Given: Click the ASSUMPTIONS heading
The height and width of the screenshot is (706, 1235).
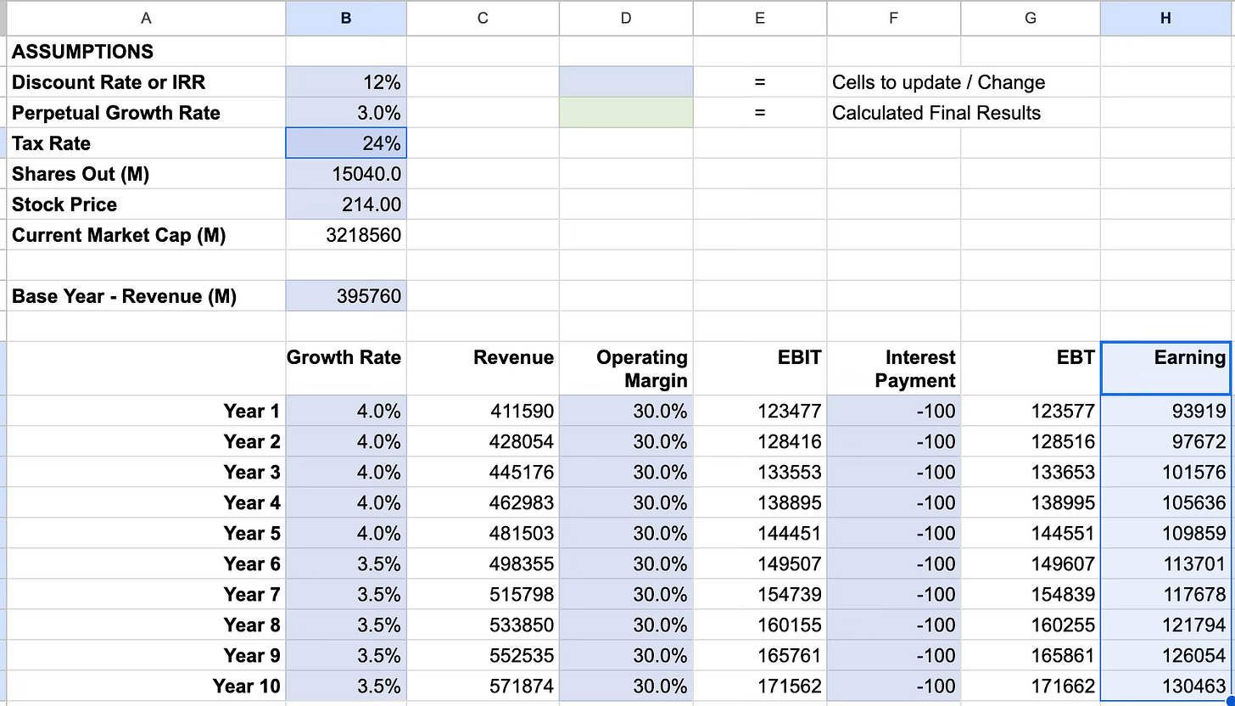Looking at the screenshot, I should [x=82, y=52].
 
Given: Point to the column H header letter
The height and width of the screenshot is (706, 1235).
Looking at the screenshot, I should [x=1165, y=18].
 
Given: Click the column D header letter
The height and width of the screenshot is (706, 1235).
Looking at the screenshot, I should [x=625, y=18].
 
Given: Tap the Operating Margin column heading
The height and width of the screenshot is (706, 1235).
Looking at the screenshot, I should [x=642, y=369].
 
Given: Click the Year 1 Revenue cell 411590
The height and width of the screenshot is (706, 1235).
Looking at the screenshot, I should [x=522, y=412].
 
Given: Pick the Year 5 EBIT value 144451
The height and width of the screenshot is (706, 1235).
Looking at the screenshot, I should [x=789, y=534].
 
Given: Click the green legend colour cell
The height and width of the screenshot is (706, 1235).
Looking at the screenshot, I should [x=625, y=113].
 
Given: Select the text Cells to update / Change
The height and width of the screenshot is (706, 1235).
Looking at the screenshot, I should [x=938, y=82].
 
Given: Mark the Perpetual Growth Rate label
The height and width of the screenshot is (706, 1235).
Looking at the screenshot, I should [x=116, y=113].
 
